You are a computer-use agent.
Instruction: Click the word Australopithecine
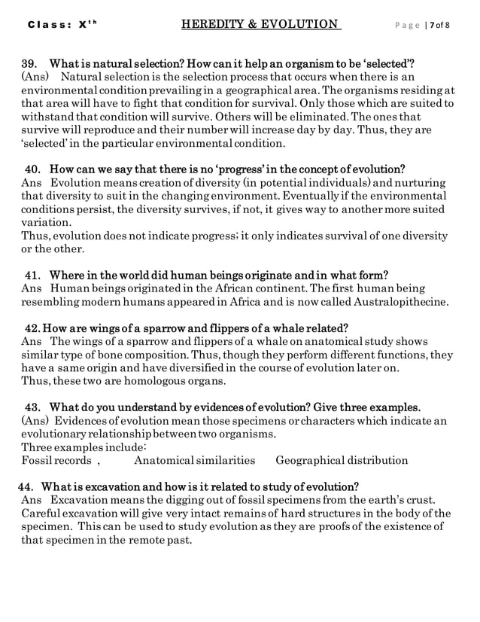pos(399,302)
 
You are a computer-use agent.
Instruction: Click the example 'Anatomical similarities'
pos(194,460)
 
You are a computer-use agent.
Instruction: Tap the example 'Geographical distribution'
pos(342,460)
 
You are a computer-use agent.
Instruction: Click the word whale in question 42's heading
pos(266,328)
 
